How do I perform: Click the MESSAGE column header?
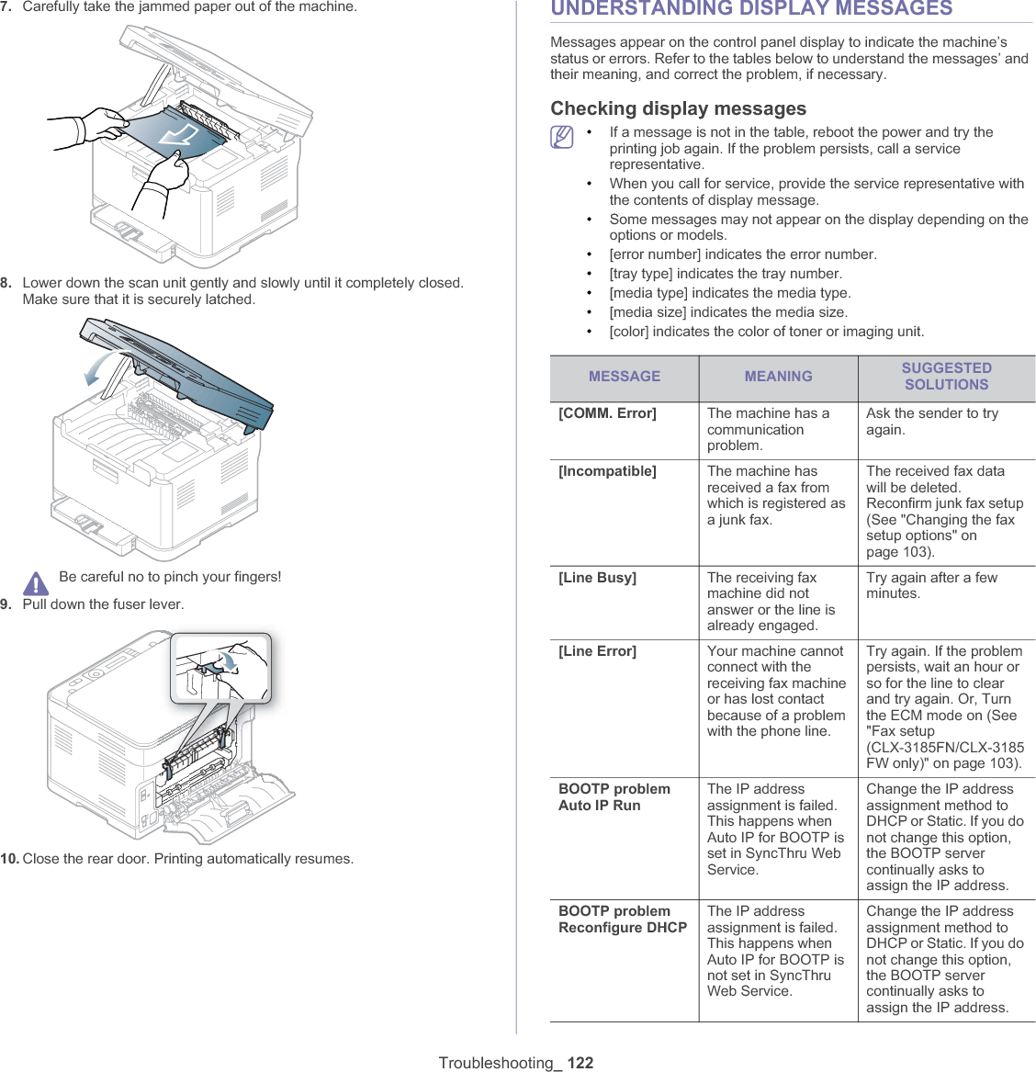pyautogui.click(x=625, y=377)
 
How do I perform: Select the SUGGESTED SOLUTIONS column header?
pyautogui.click(x=946, y=377)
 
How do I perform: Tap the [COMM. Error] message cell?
pyautogui.click(x=608, y=413)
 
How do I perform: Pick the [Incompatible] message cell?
pyautogui.click(x=608, y=471)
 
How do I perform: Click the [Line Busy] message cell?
pyautogui.click(x=598, y=578)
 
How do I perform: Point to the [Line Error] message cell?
pyautogui.click(x=598, y=651)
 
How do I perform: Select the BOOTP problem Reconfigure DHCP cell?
pyautogui.click(x=623, y=920)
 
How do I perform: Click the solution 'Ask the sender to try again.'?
pyautogui.click(x=931, y=422)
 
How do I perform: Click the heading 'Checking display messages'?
pyautogui.click(x=679, y=108)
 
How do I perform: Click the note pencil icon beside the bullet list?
pyautogui.click(x=562, y=138)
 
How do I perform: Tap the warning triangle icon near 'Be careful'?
pyautogui.click(x=36, y=583)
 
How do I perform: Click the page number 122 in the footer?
pyautogui.click(x=580, y=1063)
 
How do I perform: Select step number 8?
pyautogui.click(x=6, y=283)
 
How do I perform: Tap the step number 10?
pyautogui.click(x=9, y=859)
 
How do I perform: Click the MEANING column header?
pyautogui.click(x=778, y=377)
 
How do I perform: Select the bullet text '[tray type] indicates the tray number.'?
pyautogui.click(x=726, y=274)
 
